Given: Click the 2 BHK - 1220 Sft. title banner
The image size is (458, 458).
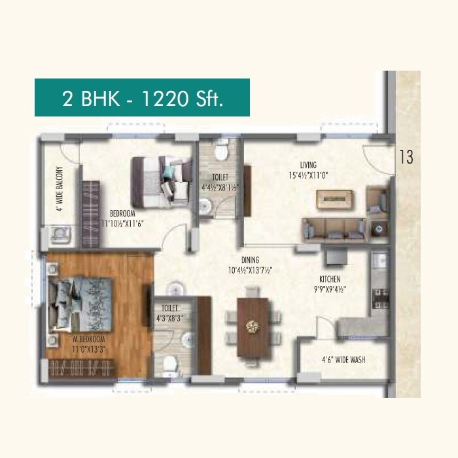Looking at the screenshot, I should click(x=142, y=97).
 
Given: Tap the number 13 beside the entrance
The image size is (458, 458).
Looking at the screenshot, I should click(x=406, y=157).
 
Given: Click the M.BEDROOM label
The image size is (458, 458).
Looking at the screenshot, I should click(x=89, y=340).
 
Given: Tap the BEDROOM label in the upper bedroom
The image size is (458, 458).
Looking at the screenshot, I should click(x=123, y=213).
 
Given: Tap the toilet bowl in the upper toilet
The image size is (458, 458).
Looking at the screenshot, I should click(x=220, y=152).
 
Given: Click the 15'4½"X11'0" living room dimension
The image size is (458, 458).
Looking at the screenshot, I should click(x=309, y=175).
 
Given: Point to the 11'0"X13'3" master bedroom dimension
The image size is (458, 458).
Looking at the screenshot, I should click(x=89, y=350).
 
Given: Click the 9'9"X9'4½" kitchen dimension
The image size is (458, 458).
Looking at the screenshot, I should click(x=328, y=289).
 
